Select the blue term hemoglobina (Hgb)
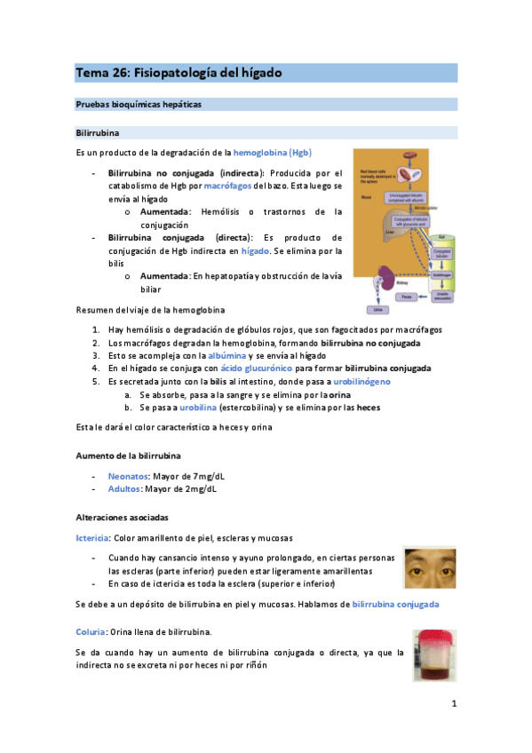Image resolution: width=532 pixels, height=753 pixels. pos(273,152)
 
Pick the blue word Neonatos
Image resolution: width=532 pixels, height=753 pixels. pos(126,476)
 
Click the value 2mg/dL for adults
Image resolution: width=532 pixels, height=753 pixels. pos(201,488)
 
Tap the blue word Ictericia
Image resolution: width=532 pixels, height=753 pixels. pos(93,538)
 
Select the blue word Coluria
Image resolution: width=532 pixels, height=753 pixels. pos(91,631)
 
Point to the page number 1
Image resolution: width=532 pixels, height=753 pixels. pos(453,704)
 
